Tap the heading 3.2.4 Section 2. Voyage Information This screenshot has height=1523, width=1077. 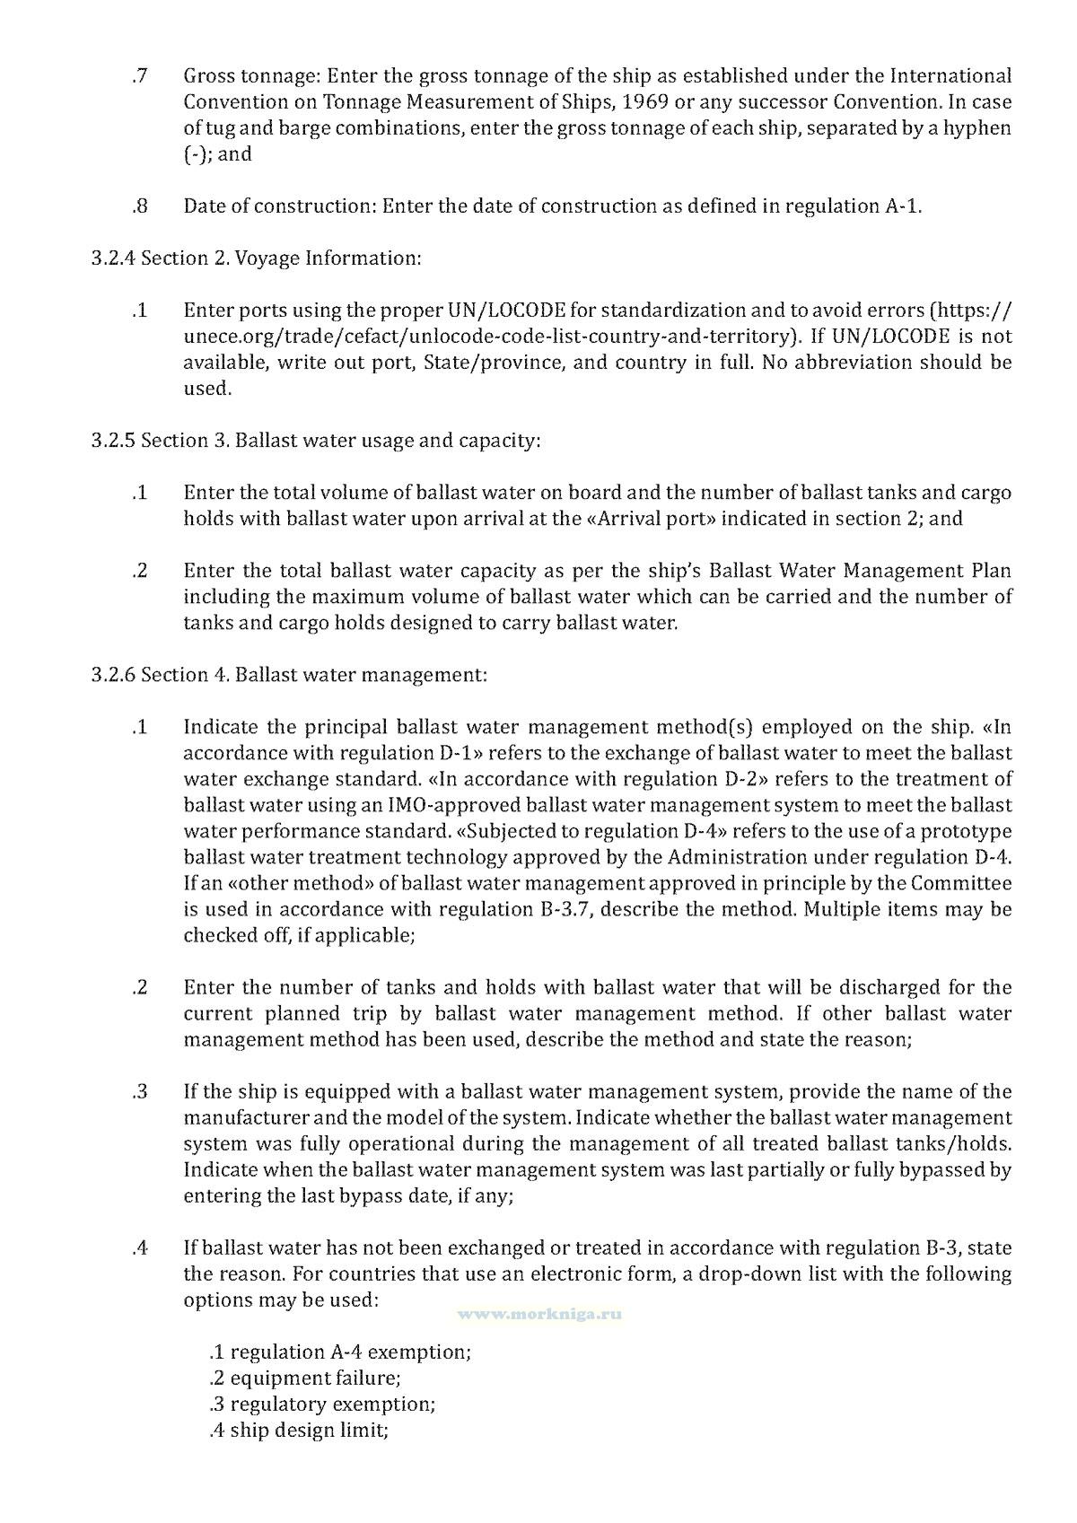[x=256, y=258]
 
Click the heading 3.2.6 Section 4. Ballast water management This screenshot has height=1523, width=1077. [x=289, y=675]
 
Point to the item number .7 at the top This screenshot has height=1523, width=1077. [x=139, y=76]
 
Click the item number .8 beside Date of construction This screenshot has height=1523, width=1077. [x=139, y=206]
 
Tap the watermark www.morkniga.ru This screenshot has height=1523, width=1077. [x=539, y=1314]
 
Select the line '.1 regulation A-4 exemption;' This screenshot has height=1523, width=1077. [x=339, y=1352]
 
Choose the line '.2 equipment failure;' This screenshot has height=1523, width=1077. [x=304, y=1379]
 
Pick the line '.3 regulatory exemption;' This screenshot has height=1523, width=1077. [x=322, y=1405]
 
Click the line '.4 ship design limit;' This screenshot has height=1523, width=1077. [x=298, y=1431]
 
